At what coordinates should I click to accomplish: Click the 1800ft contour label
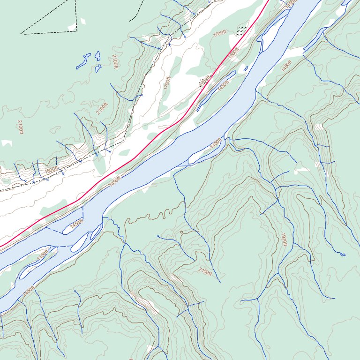51,170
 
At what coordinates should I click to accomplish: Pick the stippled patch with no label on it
241,31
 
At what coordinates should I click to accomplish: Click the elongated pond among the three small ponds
84,60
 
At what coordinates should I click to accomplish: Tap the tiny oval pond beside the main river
246,69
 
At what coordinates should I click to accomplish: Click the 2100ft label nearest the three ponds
115,61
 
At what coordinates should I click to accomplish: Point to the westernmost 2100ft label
20,127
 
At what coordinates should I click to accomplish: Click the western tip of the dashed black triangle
21,33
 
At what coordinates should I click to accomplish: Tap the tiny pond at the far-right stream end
343,255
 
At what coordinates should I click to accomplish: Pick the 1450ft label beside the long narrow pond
223,85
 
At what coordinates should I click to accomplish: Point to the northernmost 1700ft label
219,34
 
